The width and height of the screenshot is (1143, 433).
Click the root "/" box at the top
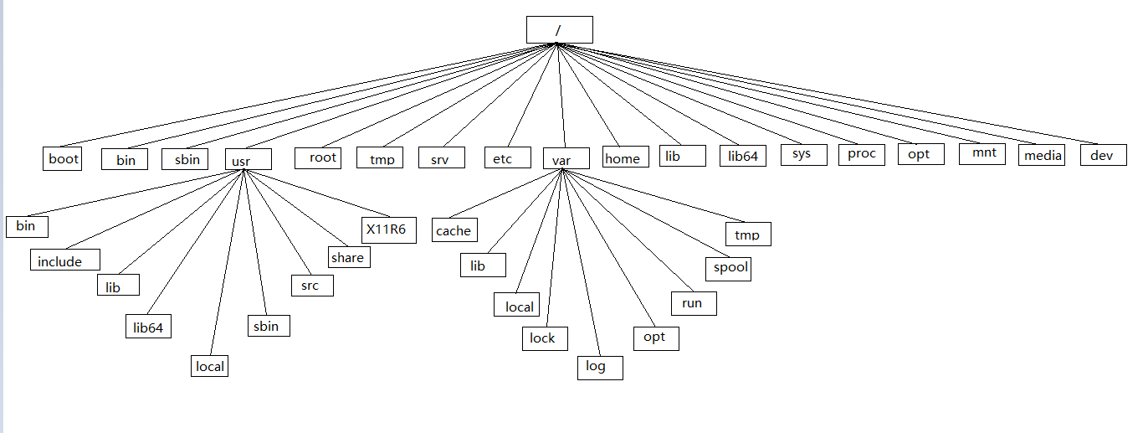(559, 30)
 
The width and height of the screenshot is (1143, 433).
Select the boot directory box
(63, 159)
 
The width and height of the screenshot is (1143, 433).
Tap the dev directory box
(1102, 155)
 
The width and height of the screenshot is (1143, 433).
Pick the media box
(1042, 155)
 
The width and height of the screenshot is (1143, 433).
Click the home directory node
(622, 157)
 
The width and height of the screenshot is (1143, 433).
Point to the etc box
(508, 157)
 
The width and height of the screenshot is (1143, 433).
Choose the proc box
(861, 154)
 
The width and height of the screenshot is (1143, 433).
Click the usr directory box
(249, 158)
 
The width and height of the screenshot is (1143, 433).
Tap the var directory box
(566, 158)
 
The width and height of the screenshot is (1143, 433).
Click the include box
(65, 260)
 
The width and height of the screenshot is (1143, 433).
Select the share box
(348, 257)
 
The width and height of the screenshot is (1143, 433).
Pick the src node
(311, 285)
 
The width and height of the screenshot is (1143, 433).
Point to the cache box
(454, 230)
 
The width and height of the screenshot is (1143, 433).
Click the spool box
(727, 268)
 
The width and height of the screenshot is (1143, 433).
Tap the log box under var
(599, 367)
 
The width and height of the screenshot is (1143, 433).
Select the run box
(693, 302)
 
